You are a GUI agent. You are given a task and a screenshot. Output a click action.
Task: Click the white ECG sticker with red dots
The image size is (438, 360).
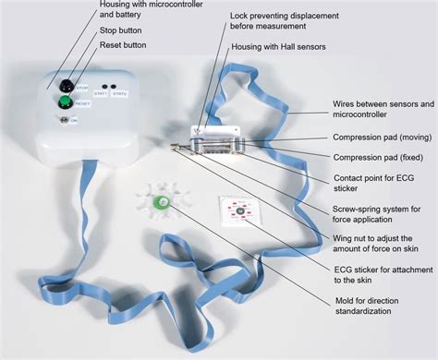238,210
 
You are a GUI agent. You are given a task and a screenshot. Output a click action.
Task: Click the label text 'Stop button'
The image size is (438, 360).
122,30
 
